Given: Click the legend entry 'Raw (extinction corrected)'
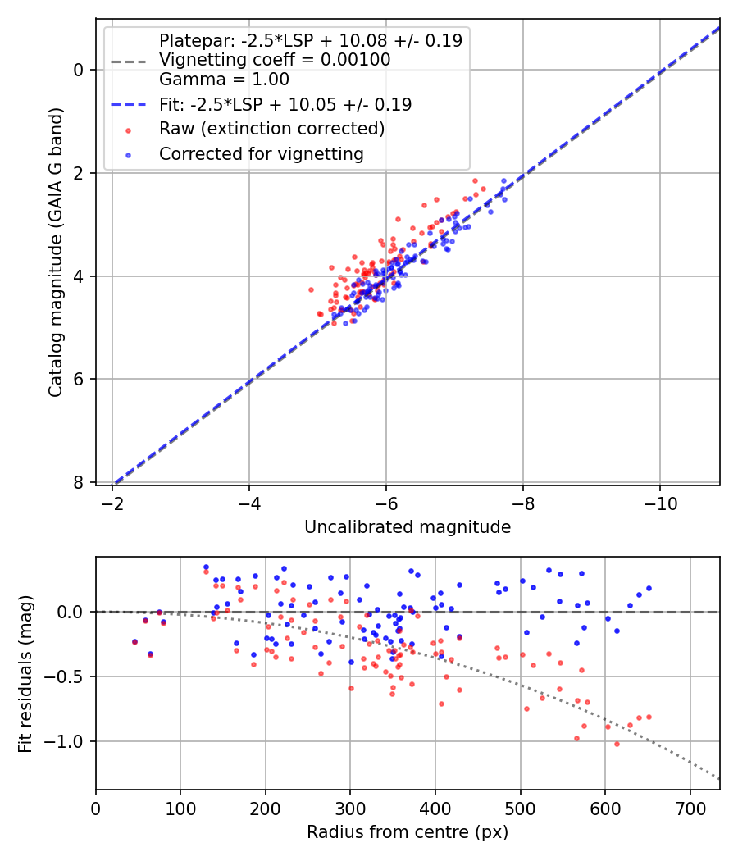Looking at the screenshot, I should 271,130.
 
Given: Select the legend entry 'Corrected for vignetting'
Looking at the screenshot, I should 261,153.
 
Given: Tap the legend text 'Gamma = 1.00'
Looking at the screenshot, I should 224,80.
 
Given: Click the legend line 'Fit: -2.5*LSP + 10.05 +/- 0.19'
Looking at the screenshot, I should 285,105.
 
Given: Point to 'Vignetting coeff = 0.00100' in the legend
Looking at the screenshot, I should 275,60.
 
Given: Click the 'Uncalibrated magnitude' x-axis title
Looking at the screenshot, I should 408,527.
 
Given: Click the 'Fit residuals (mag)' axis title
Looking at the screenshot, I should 25,673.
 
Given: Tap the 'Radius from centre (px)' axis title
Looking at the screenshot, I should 408,832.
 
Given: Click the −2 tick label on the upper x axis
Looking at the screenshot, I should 112,503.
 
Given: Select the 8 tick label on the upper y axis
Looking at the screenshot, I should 79,482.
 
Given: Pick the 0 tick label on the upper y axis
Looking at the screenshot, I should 79,70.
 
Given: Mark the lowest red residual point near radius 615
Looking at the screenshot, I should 617,744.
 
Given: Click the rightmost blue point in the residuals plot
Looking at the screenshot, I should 649,588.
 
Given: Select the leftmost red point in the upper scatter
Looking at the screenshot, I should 311,289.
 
